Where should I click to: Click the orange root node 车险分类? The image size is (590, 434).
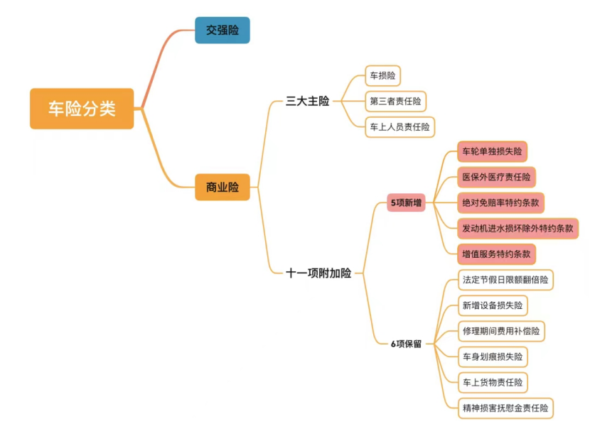(82, 109)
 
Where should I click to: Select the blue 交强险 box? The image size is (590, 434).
(222, 31)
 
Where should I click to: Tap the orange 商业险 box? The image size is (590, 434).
(222, 188)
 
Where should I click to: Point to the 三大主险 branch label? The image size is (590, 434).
(308, 101)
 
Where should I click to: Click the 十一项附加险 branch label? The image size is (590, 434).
(318, 273)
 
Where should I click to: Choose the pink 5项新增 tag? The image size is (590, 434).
(406, 203)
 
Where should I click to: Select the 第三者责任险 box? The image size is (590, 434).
(395, 101)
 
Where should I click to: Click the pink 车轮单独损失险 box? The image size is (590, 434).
(492, 151)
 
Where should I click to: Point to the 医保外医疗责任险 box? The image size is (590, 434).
(496, 177)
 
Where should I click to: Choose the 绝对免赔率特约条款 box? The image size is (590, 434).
(500, 202)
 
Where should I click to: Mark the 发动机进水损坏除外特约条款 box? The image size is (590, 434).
(517, 228)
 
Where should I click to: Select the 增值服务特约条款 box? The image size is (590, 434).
(496, 254)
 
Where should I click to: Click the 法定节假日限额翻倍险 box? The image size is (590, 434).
(505, 280)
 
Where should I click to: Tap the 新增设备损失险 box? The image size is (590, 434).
(493, 305)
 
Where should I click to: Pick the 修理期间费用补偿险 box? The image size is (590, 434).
(501, 331)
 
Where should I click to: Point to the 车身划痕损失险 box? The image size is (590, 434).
(493, 357)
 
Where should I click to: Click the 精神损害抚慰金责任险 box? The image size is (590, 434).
(505, 408)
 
